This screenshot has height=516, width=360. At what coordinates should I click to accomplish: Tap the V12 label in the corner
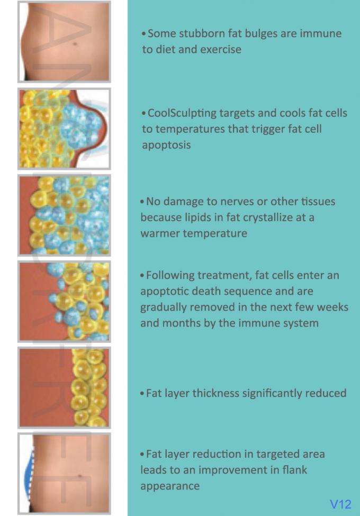point(340,504)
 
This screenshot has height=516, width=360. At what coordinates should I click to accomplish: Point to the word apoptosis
point(166,145)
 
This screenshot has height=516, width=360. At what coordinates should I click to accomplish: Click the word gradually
point(164,307)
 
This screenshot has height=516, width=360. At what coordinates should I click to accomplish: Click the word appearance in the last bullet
point(170,486)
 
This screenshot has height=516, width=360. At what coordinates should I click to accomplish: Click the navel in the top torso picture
point(75,44)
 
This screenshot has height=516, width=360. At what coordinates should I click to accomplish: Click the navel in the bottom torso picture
point(80,476)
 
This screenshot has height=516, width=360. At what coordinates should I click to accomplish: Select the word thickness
point(215,393)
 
